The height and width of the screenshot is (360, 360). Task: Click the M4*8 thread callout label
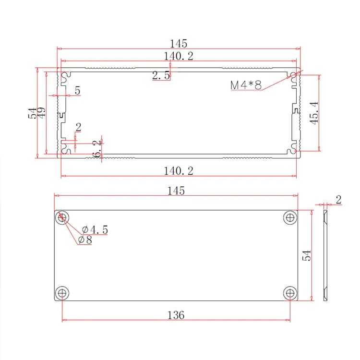tap(246, 85)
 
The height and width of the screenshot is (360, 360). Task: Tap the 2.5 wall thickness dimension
tap(161, 75)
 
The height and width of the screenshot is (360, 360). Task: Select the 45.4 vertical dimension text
tap(314, 113)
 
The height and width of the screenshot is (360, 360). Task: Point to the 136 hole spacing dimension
tap(176, 315)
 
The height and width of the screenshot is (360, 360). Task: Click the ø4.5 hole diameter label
tap(95, 229)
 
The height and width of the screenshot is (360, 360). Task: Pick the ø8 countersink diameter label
tap(85, 240)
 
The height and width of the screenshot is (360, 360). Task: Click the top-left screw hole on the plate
tap(62, 217)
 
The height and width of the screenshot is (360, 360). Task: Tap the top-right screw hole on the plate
tap(290, 217)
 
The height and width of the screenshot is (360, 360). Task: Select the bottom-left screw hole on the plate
tap(62, 293)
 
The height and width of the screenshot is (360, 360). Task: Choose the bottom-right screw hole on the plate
tap(290, 293)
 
